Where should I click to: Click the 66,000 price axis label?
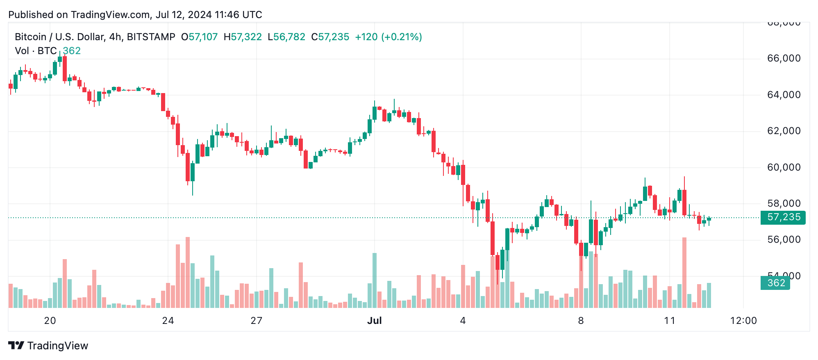783,59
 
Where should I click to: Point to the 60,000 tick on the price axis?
783,167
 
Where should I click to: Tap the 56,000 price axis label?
783,240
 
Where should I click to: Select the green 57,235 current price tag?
783,217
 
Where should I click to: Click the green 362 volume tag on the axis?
775,283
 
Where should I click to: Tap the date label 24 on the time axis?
168,321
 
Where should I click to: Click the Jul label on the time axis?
375,321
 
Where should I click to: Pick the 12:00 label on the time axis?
743,321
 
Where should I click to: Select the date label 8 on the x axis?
581,321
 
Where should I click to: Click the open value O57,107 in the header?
200,37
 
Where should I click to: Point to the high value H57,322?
243,37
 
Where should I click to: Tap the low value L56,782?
286,37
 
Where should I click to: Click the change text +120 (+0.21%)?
388,37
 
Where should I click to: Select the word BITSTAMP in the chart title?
151,37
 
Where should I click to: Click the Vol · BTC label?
36,51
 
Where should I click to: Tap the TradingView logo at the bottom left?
48,346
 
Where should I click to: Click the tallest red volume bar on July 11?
684,273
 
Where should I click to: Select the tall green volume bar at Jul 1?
375,280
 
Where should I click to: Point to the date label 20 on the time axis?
50,321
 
